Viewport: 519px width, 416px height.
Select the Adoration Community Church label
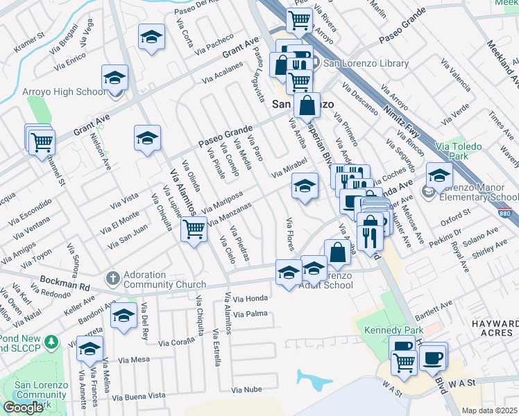click(165, 279)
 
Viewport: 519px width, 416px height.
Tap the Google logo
click(22, 408)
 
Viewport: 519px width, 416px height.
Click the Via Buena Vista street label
click(139, 396)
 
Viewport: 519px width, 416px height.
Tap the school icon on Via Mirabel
click(304, 186)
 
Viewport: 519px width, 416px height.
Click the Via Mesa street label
click(134, 360)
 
